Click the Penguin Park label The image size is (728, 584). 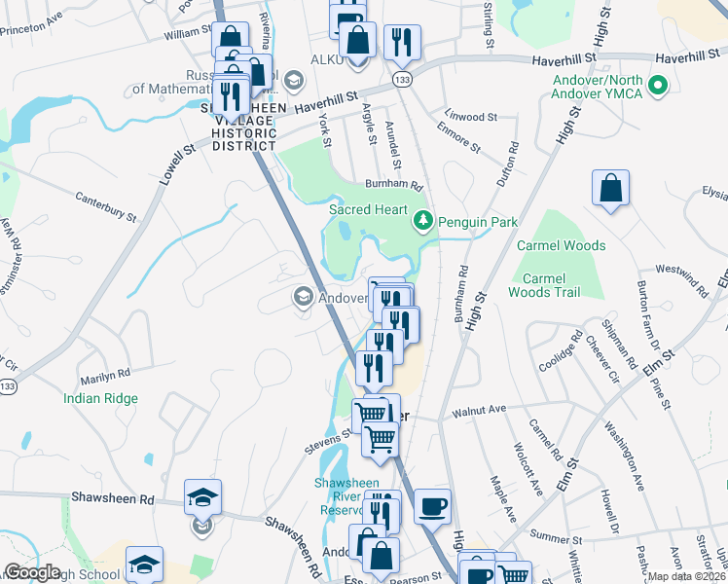[477, 222]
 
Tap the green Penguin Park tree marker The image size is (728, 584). [422, 221]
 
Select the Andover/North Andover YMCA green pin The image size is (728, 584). [658, 86]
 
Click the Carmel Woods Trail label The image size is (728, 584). [544, 285]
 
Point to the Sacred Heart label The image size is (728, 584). [367, 209]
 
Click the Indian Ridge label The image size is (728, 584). [100, 398]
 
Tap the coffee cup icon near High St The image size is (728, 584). [432, 507]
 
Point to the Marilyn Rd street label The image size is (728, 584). [104, 374]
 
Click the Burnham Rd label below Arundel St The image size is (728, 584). [394, 184]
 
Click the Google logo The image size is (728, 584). [32, 572]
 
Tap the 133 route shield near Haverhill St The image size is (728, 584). [400, 77]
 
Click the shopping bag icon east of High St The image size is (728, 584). [610, 190]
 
